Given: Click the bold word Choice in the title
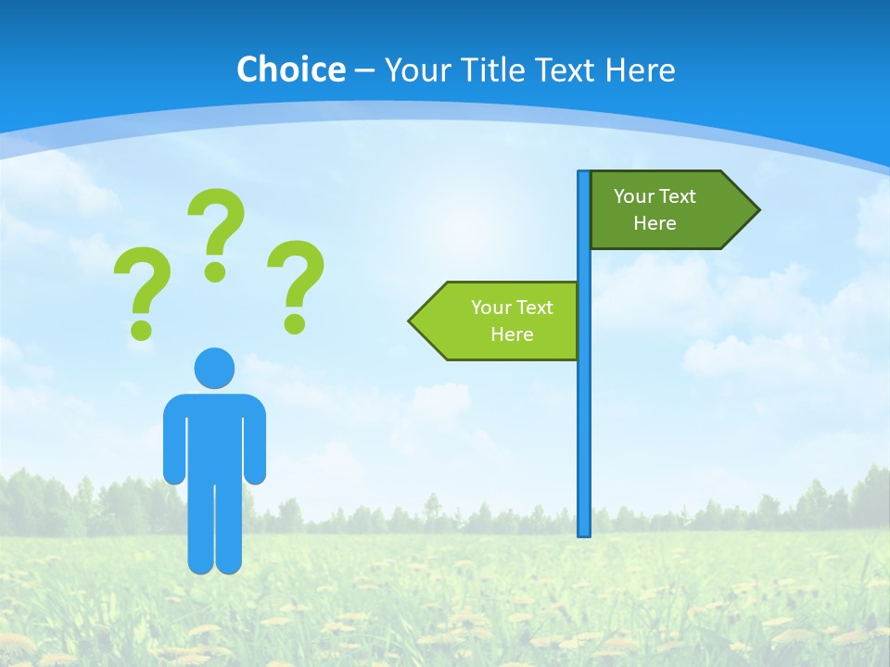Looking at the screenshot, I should point(290,69).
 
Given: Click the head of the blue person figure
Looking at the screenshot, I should point(214,368).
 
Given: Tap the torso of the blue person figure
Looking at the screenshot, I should point(214,435).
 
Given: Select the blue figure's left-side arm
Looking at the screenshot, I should point(173,445).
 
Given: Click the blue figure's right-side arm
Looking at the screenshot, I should point(255,445).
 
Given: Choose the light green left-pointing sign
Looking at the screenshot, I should point(501,321).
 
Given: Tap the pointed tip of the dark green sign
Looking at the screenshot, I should point(755,209).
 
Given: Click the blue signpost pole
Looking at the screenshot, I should point(584,417).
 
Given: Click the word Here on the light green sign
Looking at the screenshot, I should point(512,334).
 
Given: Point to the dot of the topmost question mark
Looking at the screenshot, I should point(215,271).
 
